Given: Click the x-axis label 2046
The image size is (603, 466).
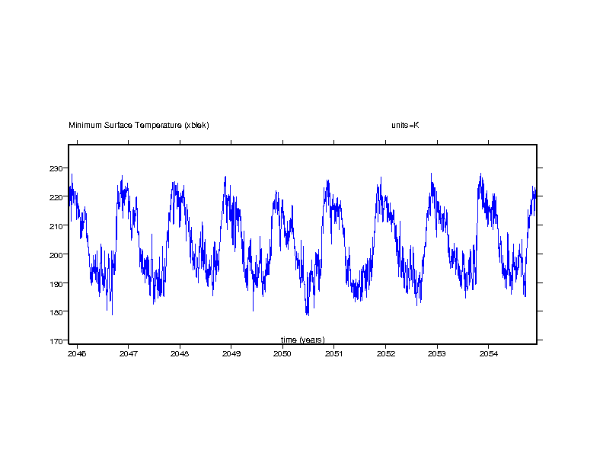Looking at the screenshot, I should pos(77,353).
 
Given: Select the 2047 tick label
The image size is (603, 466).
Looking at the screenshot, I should pos(128,353).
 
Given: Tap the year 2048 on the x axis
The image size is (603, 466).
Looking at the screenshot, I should pos(180,353).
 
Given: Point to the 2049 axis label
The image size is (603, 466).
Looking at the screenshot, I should pos(231,353).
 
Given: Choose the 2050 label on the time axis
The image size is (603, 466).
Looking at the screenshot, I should pos(282,353).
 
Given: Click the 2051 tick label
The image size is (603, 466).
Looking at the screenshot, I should pos(334,353).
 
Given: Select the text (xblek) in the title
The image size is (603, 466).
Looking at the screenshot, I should pos(196,125).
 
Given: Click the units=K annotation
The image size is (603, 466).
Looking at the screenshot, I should pos(400,125).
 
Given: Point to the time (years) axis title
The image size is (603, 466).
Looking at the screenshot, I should pos(302,340).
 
